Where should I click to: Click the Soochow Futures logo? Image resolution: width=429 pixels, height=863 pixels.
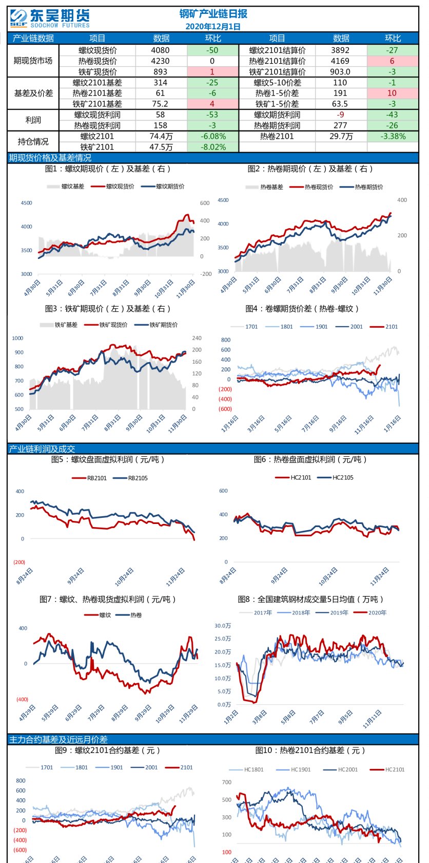click(x=49, y=18)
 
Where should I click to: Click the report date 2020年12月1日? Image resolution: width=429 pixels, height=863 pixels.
click(x=213, y=27)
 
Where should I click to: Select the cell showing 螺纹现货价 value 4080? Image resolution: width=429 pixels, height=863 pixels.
click(x=161, y=50)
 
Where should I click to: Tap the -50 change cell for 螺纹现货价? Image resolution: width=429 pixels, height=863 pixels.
click(x=212, y=50)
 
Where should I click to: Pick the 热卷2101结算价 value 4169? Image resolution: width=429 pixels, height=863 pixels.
click(x=340, y=61)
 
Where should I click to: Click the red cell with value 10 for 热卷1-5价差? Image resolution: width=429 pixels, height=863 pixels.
click(x=392, y=93)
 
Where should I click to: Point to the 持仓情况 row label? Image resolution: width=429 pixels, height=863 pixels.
click(x=33, y=142)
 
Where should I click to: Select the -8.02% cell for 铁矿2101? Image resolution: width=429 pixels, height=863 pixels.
click(x=213, y=147)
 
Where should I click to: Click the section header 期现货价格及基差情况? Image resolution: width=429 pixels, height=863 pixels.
click(x=50, y=158)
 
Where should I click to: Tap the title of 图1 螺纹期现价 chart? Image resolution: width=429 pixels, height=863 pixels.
click(x=108, y=169)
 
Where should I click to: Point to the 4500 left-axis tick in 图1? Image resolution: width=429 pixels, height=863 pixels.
click(x=27, y=203)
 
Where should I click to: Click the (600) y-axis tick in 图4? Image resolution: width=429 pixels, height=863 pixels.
click(x=225, y=409)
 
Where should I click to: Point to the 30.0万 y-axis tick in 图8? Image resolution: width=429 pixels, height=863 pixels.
click(x=223, y=626)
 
